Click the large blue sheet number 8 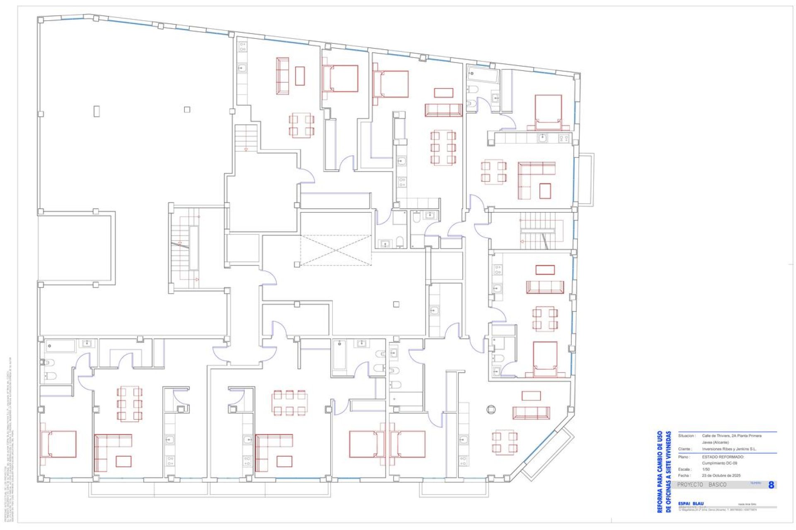point(771,485)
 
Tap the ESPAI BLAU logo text point(691,503)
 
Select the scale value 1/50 point(706,470)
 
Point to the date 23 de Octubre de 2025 point(721,476)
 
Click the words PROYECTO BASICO point(701,485)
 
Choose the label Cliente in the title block point(684,449)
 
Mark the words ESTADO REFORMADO point(723,457)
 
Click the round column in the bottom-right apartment point(491,410)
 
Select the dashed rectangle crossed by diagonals point(335,250)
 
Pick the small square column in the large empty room point(187,110)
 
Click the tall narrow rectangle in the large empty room point(97,111)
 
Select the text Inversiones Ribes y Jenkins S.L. point(729,449)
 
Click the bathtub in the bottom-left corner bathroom point(60,346)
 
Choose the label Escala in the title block point(684,470)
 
